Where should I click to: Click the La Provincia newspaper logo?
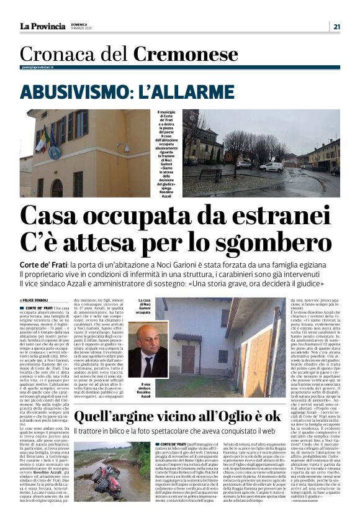point(42,26)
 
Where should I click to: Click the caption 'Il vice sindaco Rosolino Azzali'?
point(143,391)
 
